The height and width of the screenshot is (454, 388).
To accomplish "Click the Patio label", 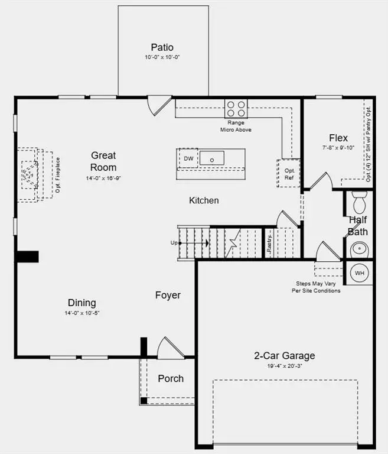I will tap(162, 47).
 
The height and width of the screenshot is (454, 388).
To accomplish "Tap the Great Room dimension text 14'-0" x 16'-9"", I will tap(103, 177).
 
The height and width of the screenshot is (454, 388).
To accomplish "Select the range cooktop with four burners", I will tap(236, 108).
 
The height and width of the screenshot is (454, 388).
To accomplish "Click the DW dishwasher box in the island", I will tap(188, 158).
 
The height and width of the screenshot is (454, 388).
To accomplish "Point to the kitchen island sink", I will tap(211, 158).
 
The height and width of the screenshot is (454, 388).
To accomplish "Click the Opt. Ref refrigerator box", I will tap(289, 173).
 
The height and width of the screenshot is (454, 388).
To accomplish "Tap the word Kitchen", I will tap(204, 200).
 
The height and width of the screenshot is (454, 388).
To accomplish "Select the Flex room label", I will tap(338, 138).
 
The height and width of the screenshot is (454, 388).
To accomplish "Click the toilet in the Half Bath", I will tap(359, 202).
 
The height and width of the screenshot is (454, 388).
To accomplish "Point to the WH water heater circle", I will tap(360, 273).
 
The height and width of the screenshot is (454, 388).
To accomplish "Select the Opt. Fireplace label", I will tap(58, 174).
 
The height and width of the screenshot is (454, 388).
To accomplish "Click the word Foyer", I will tap(168, 295).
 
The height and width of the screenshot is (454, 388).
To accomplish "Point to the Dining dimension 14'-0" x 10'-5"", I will tap(82, 313).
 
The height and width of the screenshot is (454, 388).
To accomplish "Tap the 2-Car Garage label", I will tap(284, 355).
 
